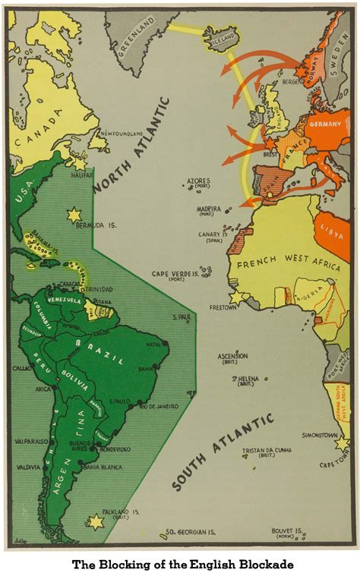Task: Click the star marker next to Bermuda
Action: click(74, 216)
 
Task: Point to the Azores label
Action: click(198, 181)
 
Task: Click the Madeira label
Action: click(207, 209)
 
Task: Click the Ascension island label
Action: click(232, 355)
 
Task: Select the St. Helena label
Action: click(246, 379)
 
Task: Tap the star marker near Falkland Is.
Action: click(96, 521)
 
